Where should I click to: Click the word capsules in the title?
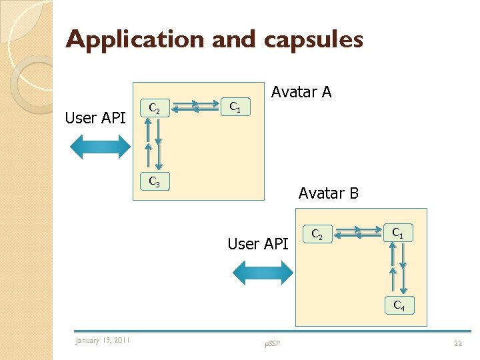pyautogui.click(x=313, y=40)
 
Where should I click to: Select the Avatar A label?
pyautogui.click(x=301, y=92)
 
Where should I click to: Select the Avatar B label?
pyautogui.click(x=329, y=193)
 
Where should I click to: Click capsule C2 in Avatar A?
pyautogui.click(x=154, y=107)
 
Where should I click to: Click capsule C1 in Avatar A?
pyautogui.click(x=235, y=106)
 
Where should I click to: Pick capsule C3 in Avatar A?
pyautogui.click(x=154, y=181)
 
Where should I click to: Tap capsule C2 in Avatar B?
pyautogui.click(x=317, y=234)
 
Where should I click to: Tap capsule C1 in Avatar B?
pyautogui.click(x=397, y=233)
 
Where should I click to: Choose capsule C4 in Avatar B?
pyautogui.click(x=399, y=305)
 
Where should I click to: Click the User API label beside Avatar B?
pyautogui.click(x=258, y=244)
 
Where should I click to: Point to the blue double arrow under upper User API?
pyautogui.click(x=101, y=147)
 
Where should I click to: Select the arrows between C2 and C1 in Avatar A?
pyautogui.click(x=194, y=106)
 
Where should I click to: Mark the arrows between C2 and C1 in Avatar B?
pyautogui.click(x=357, y=233)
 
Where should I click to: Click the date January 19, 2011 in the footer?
pyautogui.click(x=103, y=341)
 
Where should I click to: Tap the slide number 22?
pyautogui.click(x=457, y=343)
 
